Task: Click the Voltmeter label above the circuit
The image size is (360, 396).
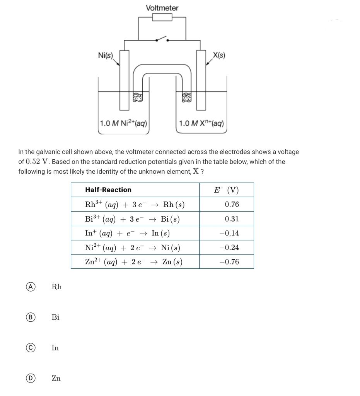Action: [162, 8]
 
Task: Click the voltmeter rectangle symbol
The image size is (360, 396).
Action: [162, 17]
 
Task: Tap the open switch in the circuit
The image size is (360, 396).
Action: [162, 39]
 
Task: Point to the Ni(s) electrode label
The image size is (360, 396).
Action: [105, 55]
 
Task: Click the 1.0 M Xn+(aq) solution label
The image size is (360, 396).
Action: [201, 123]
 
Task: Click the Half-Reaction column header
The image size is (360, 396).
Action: [108, 190]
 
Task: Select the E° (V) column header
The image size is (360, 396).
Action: [227, 190]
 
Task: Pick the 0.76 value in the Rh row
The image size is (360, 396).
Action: [232, 204]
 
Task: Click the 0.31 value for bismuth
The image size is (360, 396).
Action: [232, 219]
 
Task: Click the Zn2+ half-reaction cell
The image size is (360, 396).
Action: [134, 262]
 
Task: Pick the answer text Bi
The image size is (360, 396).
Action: [56, 317]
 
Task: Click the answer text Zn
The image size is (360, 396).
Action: [56, 378]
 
